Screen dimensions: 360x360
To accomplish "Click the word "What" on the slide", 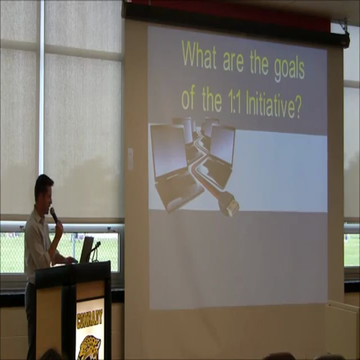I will (x=198, y=55).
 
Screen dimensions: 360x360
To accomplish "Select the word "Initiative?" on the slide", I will (x=269, y=106).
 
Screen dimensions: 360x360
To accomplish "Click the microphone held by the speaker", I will (x=53, y=215).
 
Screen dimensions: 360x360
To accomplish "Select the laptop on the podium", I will (x=86, y=249).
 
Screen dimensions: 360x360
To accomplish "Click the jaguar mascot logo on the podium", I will (x=89, y=346).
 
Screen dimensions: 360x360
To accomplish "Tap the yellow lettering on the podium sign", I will (x=90, y=318).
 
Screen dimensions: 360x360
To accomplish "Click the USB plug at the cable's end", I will (x=228, y=207).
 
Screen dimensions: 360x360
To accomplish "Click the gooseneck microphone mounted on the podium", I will (x=94, y=249).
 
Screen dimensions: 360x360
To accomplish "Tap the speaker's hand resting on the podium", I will (x=69, y=259).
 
